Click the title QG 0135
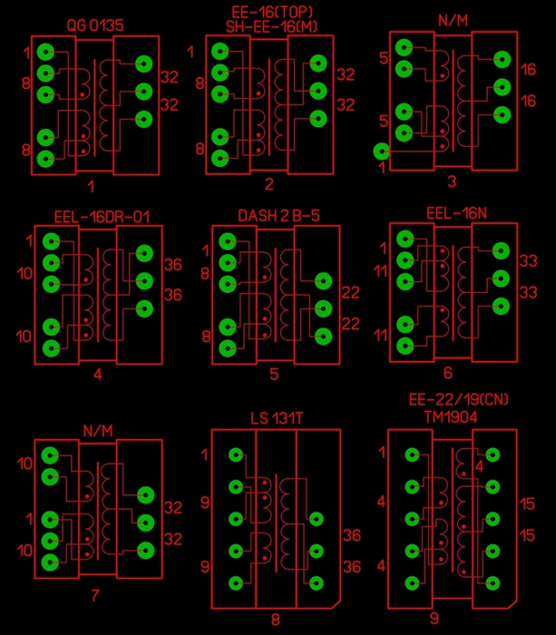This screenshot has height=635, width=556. [95, 25]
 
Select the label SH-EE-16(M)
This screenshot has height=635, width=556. [272, 27]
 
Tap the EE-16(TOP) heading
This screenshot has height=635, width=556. [272, 12]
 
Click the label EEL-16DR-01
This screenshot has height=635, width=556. [102, 217]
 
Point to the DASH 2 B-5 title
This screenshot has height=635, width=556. [278, 216]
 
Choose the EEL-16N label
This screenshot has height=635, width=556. [456, 213]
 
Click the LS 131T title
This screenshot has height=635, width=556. [277, 418]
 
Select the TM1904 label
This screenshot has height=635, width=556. [451, 416]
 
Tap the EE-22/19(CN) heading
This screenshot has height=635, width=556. [458, 400]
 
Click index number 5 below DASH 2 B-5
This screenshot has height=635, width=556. [274, 374]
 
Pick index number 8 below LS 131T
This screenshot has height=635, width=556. [276, 620]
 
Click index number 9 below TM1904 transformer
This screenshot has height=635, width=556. [434, 619]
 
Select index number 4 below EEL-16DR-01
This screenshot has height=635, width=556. [98, 375]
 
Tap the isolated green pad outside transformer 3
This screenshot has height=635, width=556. [382, 151]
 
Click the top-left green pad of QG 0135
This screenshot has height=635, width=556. [45, 52]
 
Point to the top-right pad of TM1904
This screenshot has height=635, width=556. [493, 454]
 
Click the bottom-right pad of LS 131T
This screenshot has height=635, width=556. [316, 583]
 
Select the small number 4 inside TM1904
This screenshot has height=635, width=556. [480, 467]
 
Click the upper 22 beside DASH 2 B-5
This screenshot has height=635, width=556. [351, 292]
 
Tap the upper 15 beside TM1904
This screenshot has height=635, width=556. [527, 504]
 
